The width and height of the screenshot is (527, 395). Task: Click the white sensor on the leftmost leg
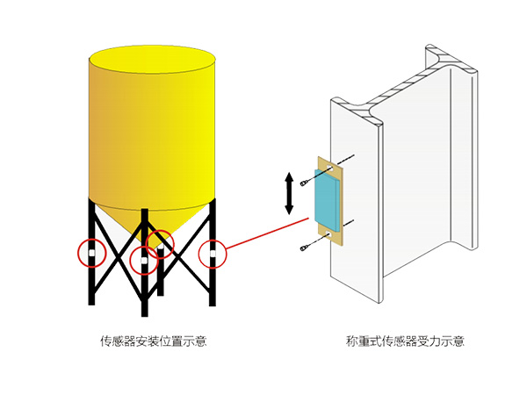[91, 253]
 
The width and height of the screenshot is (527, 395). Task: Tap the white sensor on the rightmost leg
[213, 254]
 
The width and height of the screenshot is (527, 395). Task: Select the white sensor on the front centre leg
[143, 260]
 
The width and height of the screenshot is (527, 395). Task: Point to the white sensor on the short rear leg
[159, 240]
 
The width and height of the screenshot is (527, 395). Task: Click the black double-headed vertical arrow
[289, 194]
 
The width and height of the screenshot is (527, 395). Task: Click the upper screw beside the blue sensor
[303, 182]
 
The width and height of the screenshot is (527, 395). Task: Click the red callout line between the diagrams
[263, 236]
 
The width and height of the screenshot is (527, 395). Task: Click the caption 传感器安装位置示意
[154, 341]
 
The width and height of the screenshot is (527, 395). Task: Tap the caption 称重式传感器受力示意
[406, 341]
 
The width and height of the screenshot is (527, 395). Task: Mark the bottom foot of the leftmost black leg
[91, 301]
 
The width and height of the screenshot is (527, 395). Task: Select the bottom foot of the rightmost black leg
[213, 301]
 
